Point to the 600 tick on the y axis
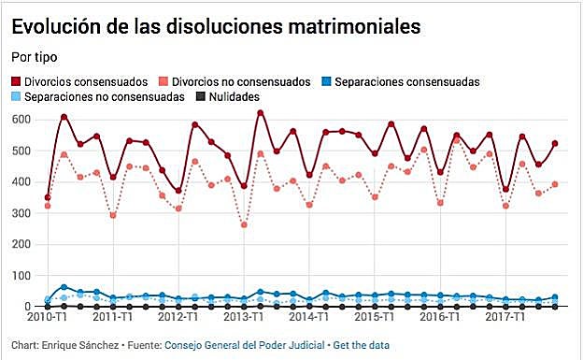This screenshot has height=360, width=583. pos(21,120)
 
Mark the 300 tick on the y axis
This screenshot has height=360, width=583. pos(21,213)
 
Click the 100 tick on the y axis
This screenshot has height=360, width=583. pos(21,276)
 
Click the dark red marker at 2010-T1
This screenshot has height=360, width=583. pos(48,197)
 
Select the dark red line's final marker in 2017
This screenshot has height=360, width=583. pos(555,144)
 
